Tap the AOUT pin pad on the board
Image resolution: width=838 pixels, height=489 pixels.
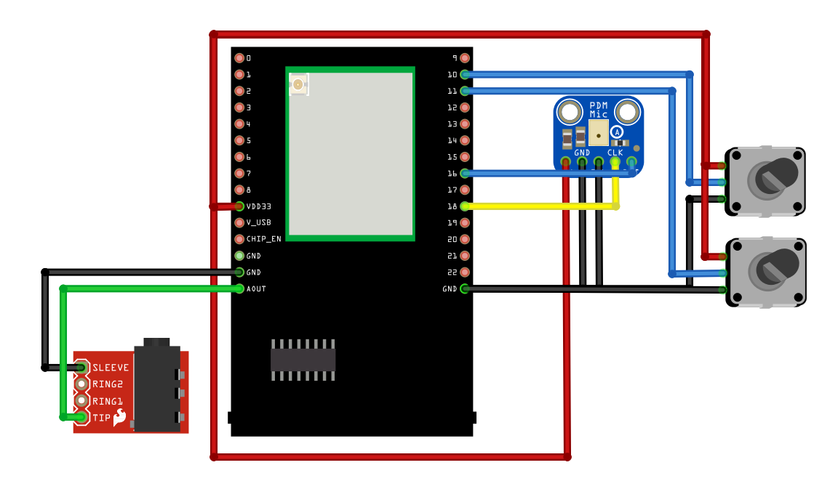click(x=239, y=289)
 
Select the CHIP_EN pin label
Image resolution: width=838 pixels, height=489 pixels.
click(x=263, y=239)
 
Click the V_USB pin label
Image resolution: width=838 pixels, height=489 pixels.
click(x=258, y=223)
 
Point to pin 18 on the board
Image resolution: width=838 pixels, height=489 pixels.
click(x=465, y=206)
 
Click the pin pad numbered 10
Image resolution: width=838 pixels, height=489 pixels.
click(x=465, y=74)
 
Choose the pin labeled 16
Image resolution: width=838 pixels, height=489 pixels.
click(x=465, y=173)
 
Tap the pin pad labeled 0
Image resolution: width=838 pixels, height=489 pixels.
click(x=239, y=58)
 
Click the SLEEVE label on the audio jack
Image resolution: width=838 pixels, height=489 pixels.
click(x=111, y=368)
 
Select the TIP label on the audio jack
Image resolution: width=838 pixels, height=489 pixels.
click(x=101, y=418)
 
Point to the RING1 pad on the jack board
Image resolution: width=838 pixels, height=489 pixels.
click(x=81, y=400)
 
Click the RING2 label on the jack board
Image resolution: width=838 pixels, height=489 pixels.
click(x=108, y=384)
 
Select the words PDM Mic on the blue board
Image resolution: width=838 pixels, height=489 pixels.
click(x=599, y=110)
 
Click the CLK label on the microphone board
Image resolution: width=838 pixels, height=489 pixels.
click(x=615, y=153)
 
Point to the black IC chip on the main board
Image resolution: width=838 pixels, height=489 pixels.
click(x=303, y=360)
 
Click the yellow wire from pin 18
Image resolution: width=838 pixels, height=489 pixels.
click(x=538, y=206)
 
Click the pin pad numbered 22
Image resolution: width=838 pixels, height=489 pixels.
click(x=465, y=272)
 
